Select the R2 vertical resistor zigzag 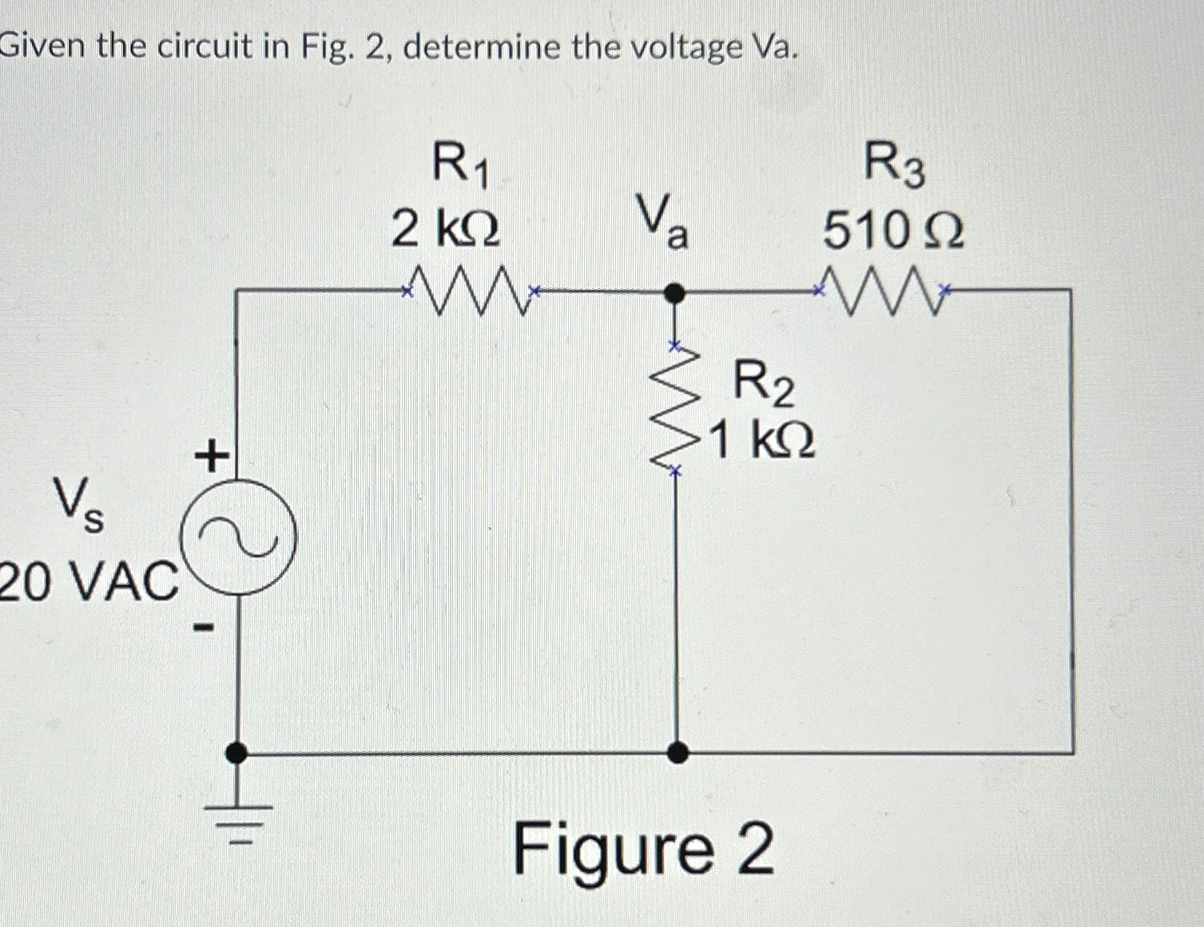pos(676,409)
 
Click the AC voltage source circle pos(239,537)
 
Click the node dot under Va pos(675,294)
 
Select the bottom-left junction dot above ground pos(236,752)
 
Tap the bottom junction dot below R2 pos(677,752)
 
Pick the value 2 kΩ pos(446,230)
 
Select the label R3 pos(895,167)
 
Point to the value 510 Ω pos(893,232)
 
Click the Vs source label pos(77,505)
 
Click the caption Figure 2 pos(643,850)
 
